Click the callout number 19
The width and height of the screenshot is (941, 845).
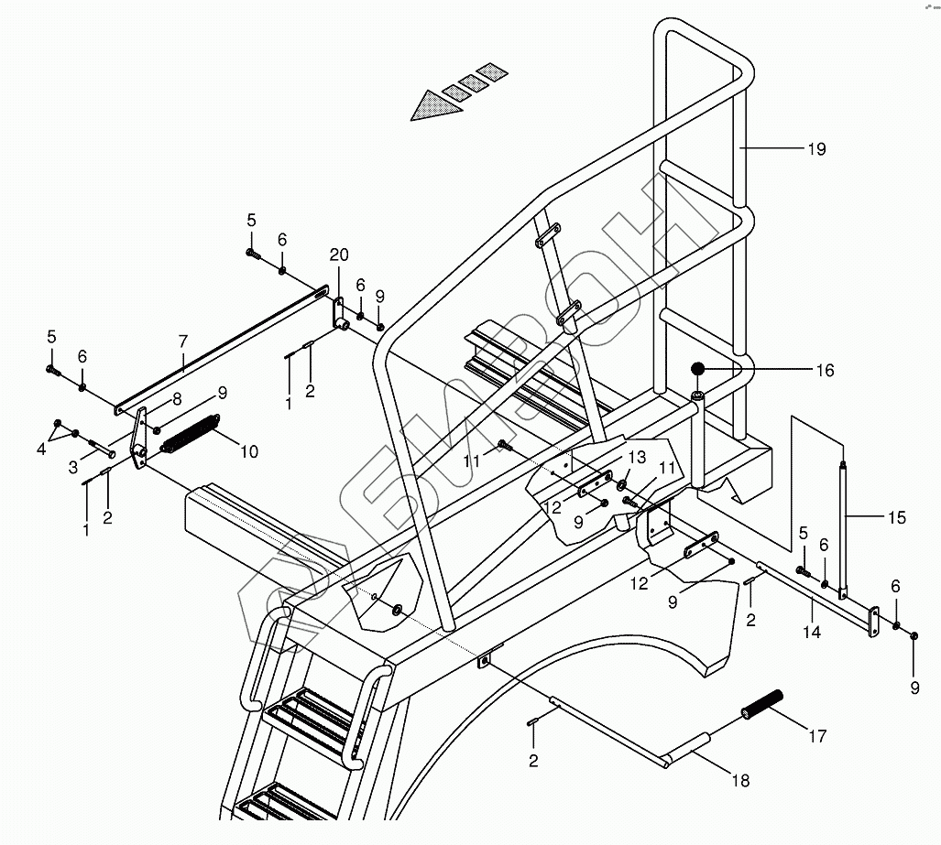pos(816,148)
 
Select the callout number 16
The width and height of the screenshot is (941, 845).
pos(825,371)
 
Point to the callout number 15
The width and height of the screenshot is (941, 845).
pos(897,518)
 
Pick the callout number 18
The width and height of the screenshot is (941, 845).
pos(740,781)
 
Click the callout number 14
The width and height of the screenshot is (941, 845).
pos(812,632)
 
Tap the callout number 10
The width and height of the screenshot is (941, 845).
pos(249,451)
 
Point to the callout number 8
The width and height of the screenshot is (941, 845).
pos(176,399)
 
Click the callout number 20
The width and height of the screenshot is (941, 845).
pos(339,255)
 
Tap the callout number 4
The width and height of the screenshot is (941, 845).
pos(39,450)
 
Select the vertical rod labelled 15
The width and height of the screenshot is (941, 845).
pos(843,526)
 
